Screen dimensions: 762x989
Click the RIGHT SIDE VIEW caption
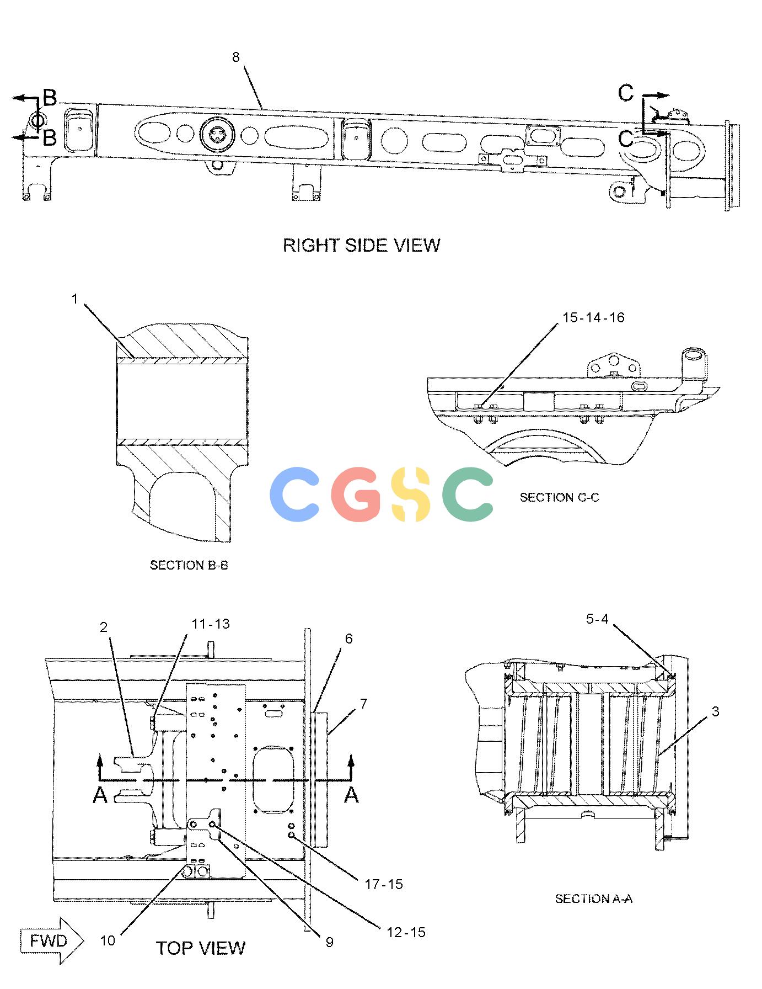(x=362, y=245)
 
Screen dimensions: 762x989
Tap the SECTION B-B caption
(x=189, y=565)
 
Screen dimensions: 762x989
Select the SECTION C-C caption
(x=559, y=497)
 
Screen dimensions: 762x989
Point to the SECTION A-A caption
(x=593, y=899)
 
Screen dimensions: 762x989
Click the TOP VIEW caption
(x=201, y=948)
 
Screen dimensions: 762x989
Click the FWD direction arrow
(x=52, y=941)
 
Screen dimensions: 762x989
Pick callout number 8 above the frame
(x=236, y=57)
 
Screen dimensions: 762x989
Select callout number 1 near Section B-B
(x=75, y=299)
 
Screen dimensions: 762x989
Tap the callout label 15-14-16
(x=593, y=317)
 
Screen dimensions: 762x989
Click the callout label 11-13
(x=211, y=624)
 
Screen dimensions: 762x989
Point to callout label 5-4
(x=597, y=619)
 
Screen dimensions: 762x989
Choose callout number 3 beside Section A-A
(x=716, y=711)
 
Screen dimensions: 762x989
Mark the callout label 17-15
(x=384, y=884)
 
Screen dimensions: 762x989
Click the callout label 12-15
(x=406, y=932)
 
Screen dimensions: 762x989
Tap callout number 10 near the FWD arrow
(x=108, y=940)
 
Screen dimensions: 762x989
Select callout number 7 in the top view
(x=363, y=704)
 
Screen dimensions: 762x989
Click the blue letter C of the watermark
(x=296, y=494)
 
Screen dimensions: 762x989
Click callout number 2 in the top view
(x=104, y=627)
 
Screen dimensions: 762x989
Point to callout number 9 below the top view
(x=329, y=942)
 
